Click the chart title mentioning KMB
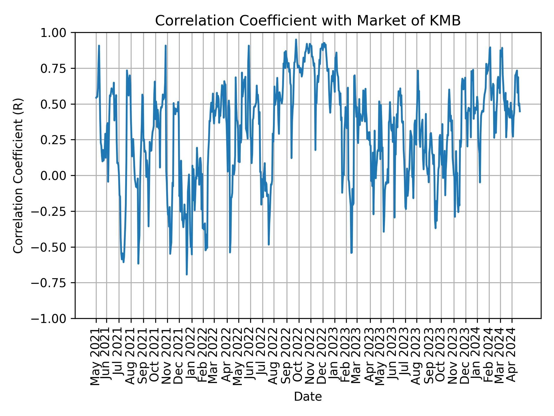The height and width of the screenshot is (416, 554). pos(308,21)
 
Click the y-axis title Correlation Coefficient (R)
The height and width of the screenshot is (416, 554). pos(18,175)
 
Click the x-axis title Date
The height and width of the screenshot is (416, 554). pos(308,397)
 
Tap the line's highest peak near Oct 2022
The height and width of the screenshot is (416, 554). pos(296,40)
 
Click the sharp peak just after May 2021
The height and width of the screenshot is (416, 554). pos(99,46)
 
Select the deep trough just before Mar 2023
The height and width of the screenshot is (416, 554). pos(351,253)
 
